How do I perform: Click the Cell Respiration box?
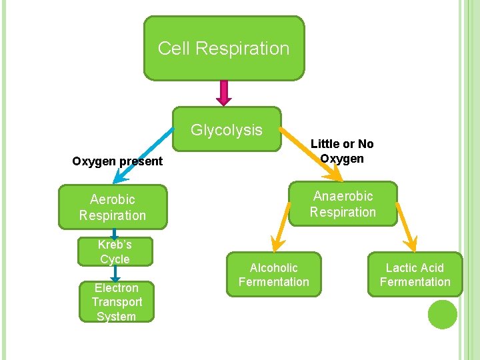pos(224,49)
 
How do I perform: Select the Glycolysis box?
pos(227,130)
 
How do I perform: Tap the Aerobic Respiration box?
pos(113,207)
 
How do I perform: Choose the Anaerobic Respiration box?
pos(343,204)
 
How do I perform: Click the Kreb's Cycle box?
pos(115,252)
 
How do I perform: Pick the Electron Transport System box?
pos(116,302)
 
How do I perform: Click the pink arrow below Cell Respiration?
pos(224,93)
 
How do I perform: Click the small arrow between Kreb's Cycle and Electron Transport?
pos(115,273)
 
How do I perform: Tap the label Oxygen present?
pos(117,161)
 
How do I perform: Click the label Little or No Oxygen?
pos(342,151)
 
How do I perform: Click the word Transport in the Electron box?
pos(117,302)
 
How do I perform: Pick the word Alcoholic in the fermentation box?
pos(273,268)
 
